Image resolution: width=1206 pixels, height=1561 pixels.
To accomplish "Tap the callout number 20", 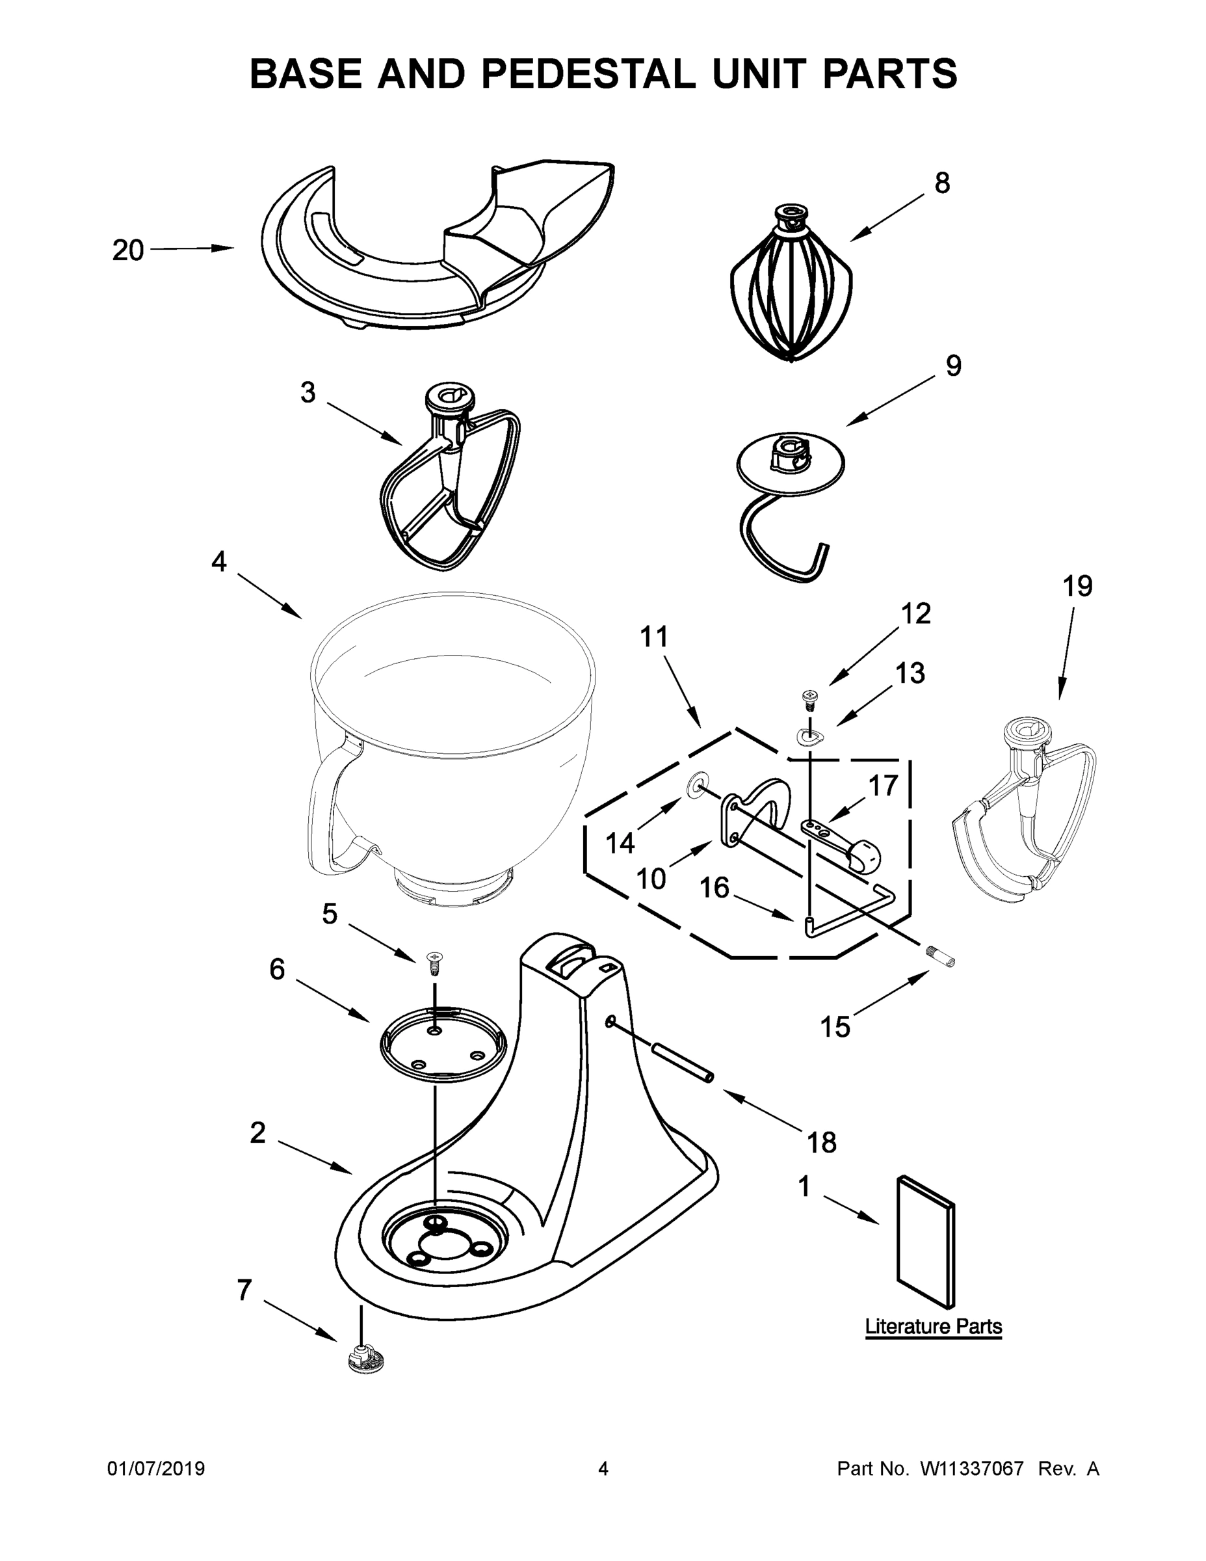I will pos(128,251).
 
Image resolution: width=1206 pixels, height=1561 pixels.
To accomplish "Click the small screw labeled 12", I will pos(810,698).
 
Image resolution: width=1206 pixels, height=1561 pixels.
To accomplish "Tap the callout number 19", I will pos(1077,587).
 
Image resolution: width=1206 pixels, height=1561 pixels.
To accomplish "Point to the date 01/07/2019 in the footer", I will pos(156,1469).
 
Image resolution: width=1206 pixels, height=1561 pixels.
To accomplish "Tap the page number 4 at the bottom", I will pos(603,1469).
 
